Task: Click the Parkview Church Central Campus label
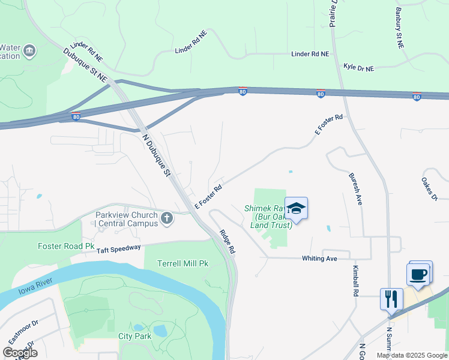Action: click(126, 219)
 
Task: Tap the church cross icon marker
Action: click(167, 219)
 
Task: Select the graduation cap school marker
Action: click(296, 208)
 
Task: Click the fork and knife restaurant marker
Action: click(391, 298)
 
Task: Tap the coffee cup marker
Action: click(419, 274)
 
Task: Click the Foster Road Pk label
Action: click(66, 246)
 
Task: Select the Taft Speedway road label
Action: click(119, 248)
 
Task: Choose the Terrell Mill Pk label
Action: click(182, 263)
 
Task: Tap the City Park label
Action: click(135, 336)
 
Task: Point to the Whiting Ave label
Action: click(319, 259)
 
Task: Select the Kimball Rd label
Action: click(355, 281)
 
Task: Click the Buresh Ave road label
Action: click(355, 189)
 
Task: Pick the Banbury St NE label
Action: click(399, 28)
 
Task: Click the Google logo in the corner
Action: click(20, 352)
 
